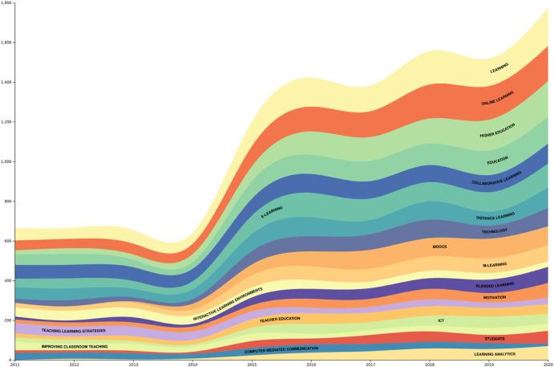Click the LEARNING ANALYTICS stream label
[495, 353]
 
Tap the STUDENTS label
[495, 339]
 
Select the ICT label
[441, 320]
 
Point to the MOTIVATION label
[495, 298]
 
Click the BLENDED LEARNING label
[495, 285]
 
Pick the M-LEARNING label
[495, 265]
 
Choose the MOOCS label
[439, 247]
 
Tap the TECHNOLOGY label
[495, 231]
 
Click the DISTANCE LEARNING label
[495, 217]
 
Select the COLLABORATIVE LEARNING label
[496, 178]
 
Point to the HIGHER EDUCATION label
[497, 130]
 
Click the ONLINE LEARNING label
[497, 99]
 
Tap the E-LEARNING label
[272, 212]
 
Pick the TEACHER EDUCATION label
[279, 320]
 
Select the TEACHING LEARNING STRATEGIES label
[74, 330]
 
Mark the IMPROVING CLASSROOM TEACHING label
[75, 346]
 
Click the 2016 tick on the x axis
[311, 364]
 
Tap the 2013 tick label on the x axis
[133, 364]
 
